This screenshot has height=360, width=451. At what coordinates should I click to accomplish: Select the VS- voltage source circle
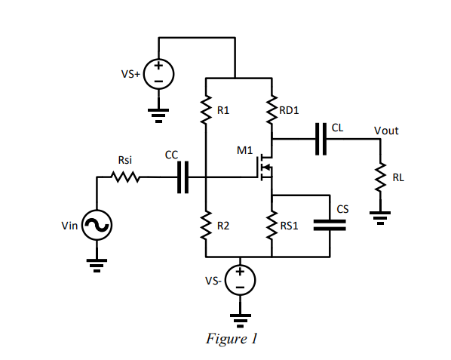[240, 281]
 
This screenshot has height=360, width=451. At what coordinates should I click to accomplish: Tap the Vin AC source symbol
[97, 224]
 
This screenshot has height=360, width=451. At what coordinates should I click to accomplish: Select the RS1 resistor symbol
[272, 225]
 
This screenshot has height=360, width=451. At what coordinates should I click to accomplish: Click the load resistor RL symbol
[380, 178]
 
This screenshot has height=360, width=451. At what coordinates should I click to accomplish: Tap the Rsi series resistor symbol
[125, 177]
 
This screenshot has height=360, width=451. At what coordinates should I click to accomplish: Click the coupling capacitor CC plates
[182, 177]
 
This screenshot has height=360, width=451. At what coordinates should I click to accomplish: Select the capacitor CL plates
[321, 139]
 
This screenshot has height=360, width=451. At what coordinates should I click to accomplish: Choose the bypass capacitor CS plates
[330, 224]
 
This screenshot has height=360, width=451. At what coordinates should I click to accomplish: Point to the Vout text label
[386, 131]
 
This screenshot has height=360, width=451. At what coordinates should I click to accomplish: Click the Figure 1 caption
[232, 339]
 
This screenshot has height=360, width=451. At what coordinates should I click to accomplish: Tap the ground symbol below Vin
[97, 264]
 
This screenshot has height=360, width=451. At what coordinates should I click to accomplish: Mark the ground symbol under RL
[380, 217]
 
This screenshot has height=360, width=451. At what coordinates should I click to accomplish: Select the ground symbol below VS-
[240, 319]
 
